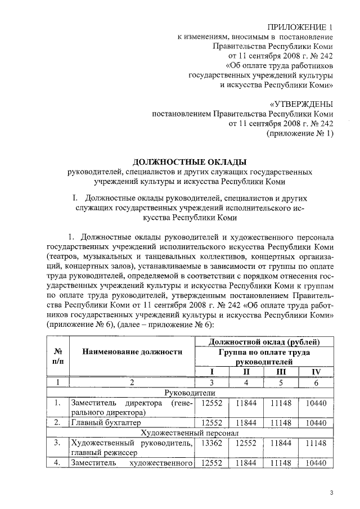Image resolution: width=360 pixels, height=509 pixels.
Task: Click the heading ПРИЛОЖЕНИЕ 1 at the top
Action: pyautogui.click(x=296, y=26)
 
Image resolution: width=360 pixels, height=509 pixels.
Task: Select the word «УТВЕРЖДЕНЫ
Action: pyautogui.click(x=301, y=104)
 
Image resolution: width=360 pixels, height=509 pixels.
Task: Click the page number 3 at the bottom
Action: pyautogui.click(x=331, y=493)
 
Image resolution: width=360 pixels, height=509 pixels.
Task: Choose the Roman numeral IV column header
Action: pyautogui.click(x=316, y=372)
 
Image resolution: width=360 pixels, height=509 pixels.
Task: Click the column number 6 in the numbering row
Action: pyautogui.click(x=316, y=382)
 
